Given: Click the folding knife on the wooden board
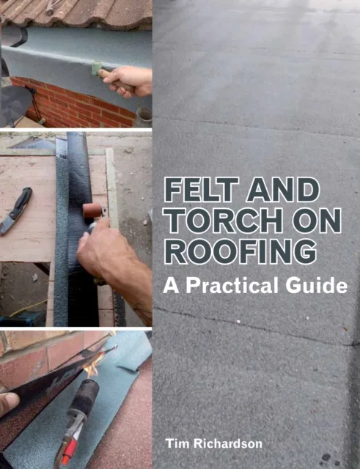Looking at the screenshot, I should pyautogui.click(x=16, y=210).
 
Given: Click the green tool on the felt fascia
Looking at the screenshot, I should pyautogui.click(x=96, y=70).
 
